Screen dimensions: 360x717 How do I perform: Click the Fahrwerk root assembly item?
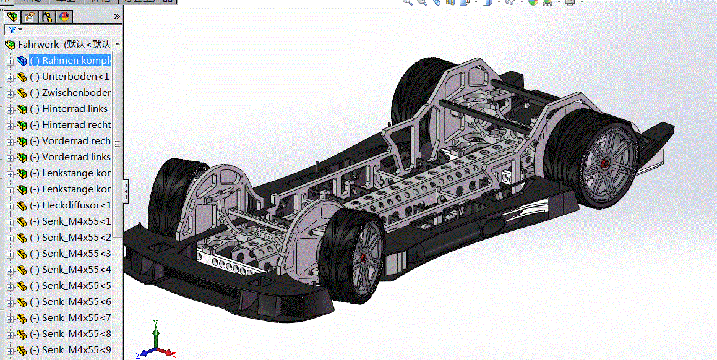click(38, 45)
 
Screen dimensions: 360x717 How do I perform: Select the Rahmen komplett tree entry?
click(74, 61)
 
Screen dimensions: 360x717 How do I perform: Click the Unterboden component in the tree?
click(74, 77)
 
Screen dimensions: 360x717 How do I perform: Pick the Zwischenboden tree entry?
click(74, 93)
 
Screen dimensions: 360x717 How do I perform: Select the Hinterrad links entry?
click(74, 109)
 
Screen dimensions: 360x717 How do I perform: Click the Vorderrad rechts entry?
click(74, 141)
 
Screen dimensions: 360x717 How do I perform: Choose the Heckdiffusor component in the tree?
click(74, 205)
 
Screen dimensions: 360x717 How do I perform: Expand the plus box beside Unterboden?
click(10, 77)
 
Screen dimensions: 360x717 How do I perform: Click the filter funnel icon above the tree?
click(13, 30)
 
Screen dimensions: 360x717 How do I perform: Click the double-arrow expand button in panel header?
click(117, 16)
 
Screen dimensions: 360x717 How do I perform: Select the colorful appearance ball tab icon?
click(64, 17)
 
